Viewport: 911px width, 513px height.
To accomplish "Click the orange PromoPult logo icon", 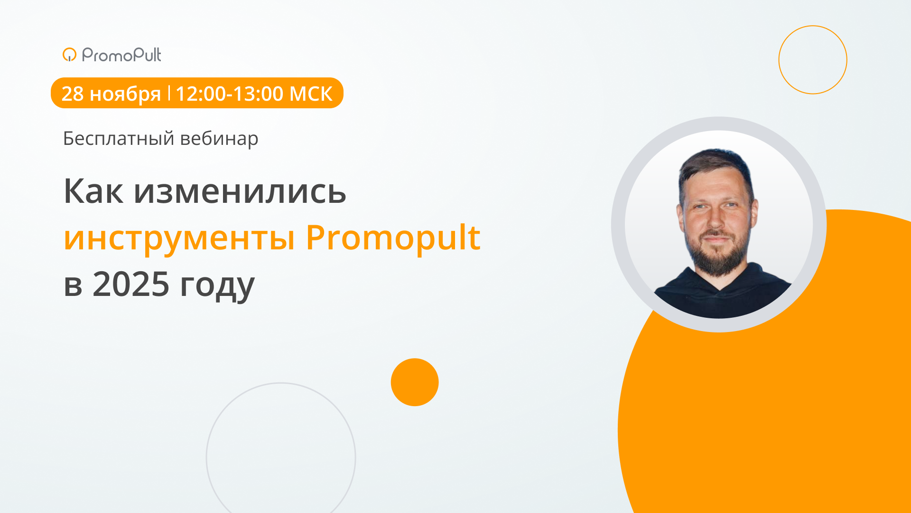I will click(x=69, y=55).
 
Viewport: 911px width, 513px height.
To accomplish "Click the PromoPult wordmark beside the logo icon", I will click(x=121, y=55).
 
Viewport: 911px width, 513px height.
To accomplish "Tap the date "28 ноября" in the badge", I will click(x=111, y=94).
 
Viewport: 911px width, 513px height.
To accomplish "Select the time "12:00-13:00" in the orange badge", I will click(x=230, y=94).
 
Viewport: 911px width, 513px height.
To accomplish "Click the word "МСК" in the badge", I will click(x=311, y=94).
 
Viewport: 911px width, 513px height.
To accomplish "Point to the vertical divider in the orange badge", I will click(x=169, y=93).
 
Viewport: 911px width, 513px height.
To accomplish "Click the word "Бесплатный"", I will click(x=119, y=139).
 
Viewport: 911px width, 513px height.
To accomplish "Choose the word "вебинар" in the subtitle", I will click(x=219, y=139).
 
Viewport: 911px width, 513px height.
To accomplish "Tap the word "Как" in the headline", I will click(x=93, y=191).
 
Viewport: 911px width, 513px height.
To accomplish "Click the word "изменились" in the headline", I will click(x=240, y=191).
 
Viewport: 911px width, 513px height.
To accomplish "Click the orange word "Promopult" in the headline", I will click(x=393, y=237).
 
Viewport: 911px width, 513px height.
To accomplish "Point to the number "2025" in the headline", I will click(x=131, y=284).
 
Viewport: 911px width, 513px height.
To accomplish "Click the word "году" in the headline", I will click(x=217, y=285).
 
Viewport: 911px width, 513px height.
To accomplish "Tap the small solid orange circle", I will click(x=415, y=382).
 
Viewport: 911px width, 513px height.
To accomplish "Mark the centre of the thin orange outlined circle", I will click(x=813, y=60).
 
